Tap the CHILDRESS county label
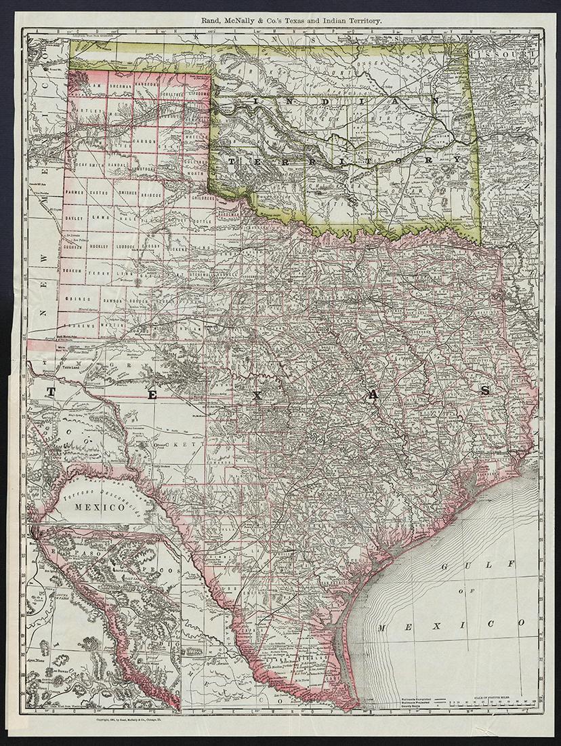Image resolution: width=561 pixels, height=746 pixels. click(203, 199)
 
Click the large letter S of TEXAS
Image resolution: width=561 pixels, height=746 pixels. click(486, 391)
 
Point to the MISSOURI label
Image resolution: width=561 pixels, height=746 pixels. click(508, 53)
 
